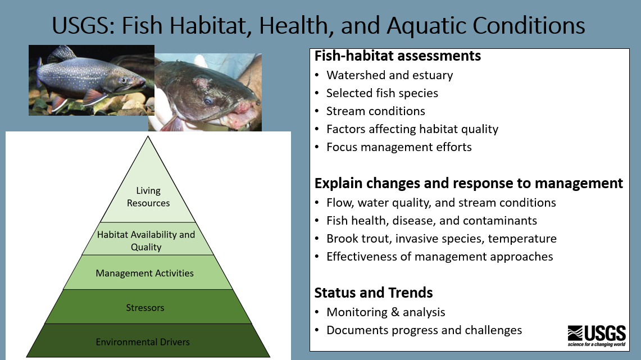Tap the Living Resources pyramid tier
pyautogui.click(x=148, y=197)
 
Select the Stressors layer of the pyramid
pyautogui.click(x=146, y=307)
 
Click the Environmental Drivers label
pyautogui.click(x=143, y=341)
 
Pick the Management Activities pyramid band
pyautogui.click(x=145, y=273)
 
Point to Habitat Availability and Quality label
pyautogui.click(x=146, y=240)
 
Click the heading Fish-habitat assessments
pyautogui.click(x=397, y=56)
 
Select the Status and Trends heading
pyautogui.click(x=373, y=293)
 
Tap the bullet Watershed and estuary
pyautogui.click(x=389, y=75)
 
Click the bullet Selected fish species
pyautogui.click(x=382, y=93)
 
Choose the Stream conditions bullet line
pyautogui.click(x=375, y=111)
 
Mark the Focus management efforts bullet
pyautogui.click(x=399, y=147)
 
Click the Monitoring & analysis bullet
pyautogui.click(x=385, y=312)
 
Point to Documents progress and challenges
pyautogui.click(x=424, y=330)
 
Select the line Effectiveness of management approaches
pyautogui.click(x=439, y=257)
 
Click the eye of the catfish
pyautogui.click(x=208, y=101)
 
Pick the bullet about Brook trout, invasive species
pyautogui.click(x=441, y=239)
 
